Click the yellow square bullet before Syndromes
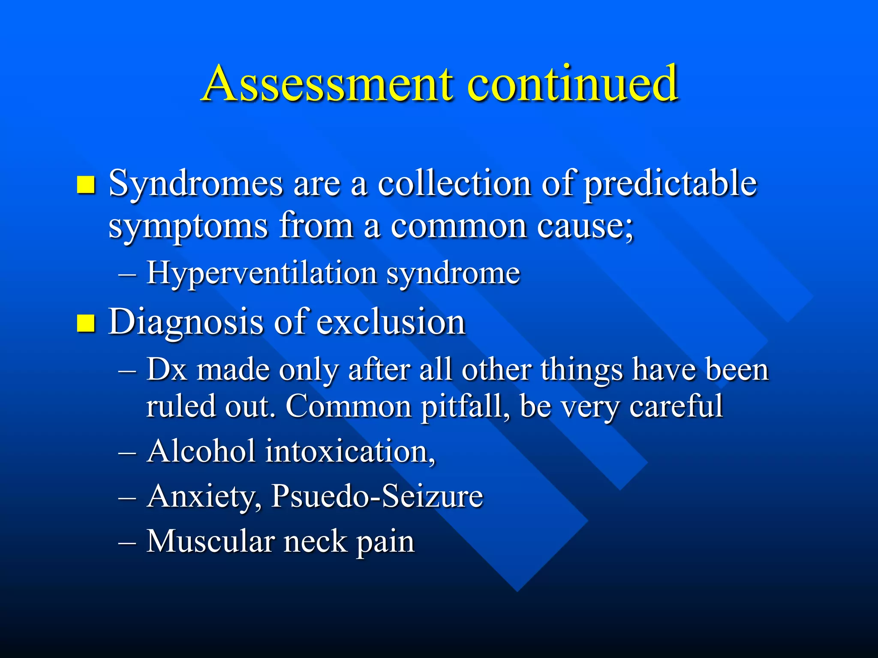point(86,185)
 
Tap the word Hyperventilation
point(262,273)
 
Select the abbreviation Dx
point(166,370)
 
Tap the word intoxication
point(349,452)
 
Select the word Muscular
point(210,541)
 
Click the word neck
point(315,541)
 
